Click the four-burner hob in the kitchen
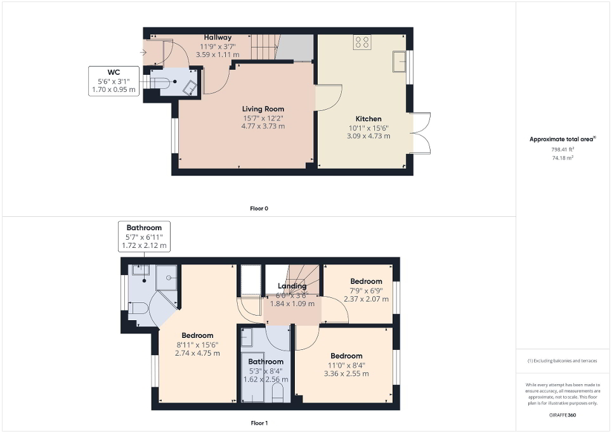pyautogui.click(x=363, y=42)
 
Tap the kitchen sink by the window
pyautogui.click(x=400, y=61)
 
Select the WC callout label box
pyautogui.click(x=114, y=81)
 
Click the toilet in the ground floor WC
pyautogui.click(x=159, y=82)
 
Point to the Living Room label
pyautogui.click(x=263, y=109)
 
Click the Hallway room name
pyautogui.click(x=218, y=37)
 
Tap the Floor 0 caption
pyautogui.click(x=259, y=208)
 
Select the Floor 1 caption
pyautogui.click(x=259, y=422)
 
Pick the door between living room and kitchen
pyautogui.click(x=327, y=97)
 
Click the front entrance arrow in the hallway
pyautogui.click(x=144, y=53)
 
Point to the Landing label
pyautogui.click(x=292, y=287)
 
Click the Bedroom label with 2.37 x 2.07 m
pyautogui.click(x=367, y=281)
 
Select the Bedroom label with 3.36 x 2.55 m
pyautogui.click(x=347, y=356)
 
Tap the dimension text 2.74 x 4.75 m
pyautogui.click(x=197, y=353)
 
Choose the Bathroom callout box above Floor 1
pyautogui.click(x=144, y=236)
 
